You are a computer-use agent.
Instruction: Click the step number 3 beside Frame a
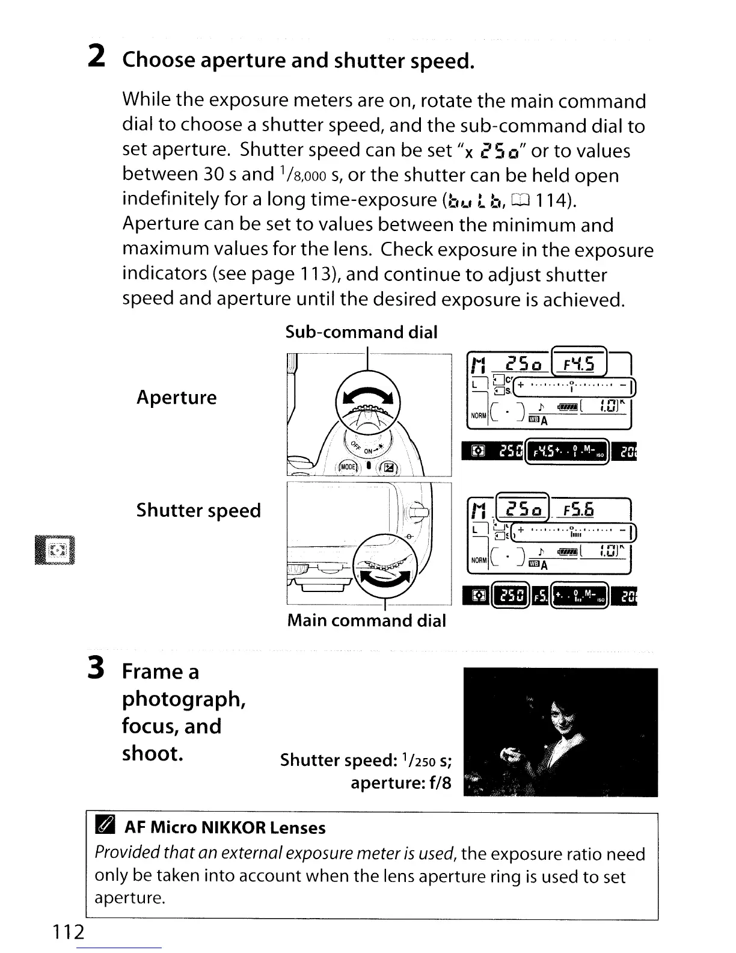point(97,670)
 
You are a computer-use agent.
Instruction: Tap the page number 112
point(67,932)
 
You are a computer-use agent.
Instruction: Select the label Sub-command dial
point(361,332)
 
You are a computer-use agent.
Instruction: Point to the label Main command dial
point(366,620)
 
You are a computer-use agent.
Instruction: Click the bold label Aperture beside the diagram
point(176,397)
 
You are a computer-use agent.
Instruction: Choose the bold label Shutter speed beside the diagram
point(198,510)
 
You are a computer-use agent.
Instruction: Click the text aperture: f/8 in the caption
point(400,783)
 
